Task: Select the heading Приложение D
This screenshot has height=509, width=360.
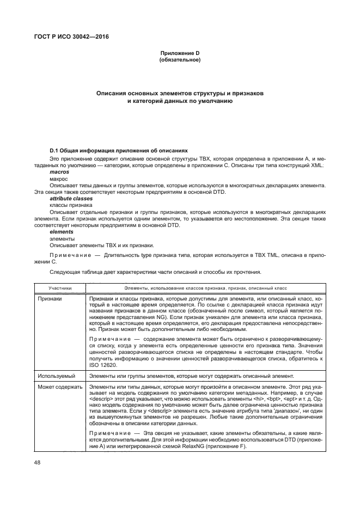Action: click(180, 52)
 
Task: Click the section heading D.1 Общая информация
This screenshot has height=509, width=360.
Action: click(118, 150)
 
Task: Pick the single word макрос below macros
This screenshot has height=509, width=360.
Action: click(59, 179)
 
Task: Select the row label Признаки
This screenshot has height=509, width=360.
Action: click(50, 299)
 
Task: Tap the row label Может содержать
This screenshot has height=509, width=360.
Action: click(60, 387)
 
